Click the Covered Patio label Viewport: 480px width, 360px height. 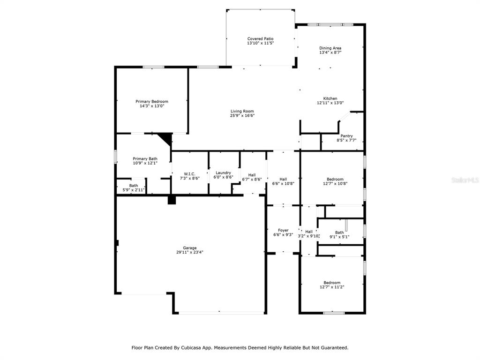coord(260,38)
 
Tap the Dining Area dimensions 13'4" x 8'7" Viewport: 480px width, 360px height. coord(330,52)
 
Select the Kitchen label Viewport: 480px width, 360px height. coord(330,98)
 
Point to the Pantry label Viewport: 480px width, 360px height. coord(346,136)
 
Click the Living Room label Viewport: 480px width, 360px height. coord(242,111)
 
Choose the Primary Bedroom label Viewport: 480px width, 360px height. coord(152,101)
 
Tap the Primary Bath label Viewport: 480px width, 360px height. coord(145,158)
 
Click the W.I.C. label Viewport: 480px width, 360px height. coord(189,174)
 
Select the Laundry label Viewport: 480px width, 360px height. coord(223,172)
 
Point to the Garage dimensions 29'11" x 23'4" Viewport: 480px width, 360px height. coord(190,252)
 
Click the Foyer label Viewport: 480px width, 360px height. coord(283,230)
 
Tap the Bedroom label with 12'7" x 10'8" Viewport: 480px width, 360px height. coord(335,179)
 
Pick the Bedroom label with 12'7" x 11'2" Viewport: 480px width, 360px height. coord(332,283)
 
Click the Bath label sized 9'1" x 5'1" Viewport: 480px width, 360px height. coord(339,232)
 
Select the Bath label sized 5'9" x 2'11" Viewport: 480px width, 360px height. coord(134,186)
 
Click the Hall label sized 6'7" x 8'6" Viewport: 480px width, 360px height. coord(252,175)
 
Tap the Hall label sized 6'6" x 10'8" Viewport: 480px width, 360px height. coord(283,179)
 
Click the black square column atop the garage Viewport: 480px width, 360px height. coord(172,200)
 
